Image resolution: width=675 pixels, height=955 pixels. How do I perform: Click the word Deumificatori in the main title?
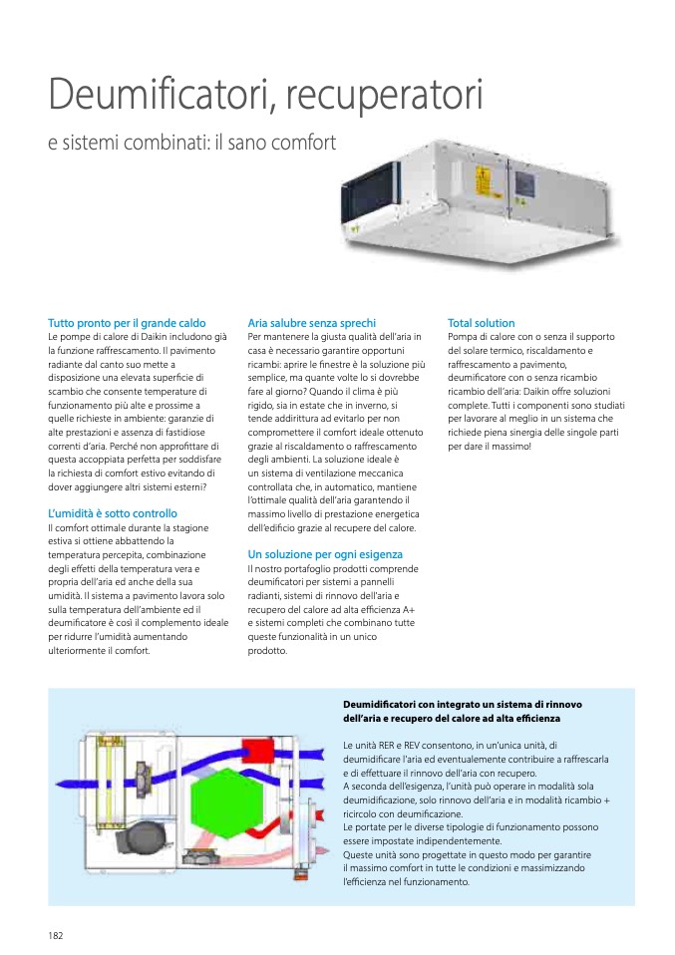tap(157, 96)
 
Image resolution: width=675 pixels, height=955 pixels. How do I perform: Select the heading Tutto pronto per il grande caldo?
tap(127, 323)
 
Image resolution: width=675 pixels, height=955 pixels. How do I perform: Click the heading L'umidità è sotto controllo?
tap(113, 514)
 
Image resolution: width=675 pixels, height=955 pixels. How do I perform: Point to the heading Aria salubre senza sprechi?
tap(311, 323)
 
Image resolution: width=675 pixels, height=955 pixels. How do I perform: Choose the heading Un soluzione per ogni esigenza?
tap(325, 554)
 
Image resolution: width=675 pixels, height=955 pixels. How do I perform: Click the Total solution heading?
tap(481, 323)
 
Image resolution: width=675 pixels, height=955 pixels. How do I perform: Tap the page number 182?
tap(56, 935)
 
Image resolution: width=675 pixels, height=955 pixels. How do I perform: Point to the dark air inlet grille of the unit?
tap(368, 198)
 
